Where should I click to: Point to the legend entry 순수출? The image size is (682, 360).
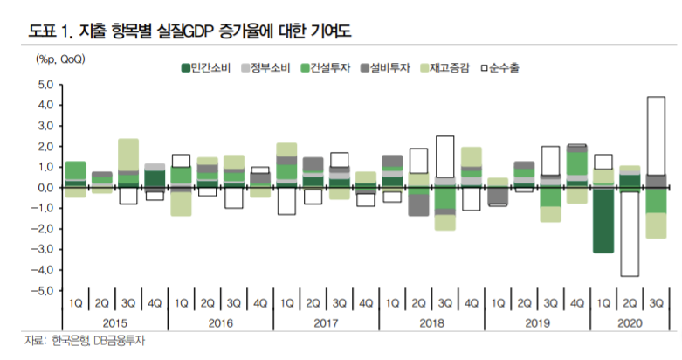(x=499, y=67)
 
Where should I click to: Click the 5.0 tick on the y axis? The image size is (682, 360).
(x=45, y=85)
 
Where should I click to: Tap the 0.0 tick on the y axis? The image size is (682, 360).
(x=45, y=187)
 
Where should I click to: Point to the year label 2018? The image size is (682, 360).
(x=432, y=322)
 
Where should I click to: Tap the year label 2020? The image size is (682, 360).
(x=628, y=322)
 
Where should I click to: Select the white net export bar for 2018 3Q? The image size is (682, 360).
(x=445, y=156)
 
